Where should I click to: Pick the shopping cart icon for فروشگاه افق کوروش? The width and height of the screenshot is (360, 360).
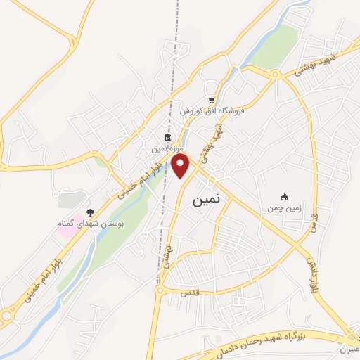point(211,100)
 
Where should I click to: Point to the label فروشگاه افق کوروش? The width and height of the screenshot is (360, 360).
point(210,112)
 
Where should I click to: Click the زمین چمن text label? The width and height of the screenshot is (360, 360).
point(285,208)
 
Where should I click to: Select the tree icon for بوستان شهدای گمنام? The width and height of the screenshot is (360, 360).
point(89,212)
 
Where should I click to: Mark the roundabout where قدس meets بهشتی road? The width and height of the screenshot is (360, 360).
point(160,289)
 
